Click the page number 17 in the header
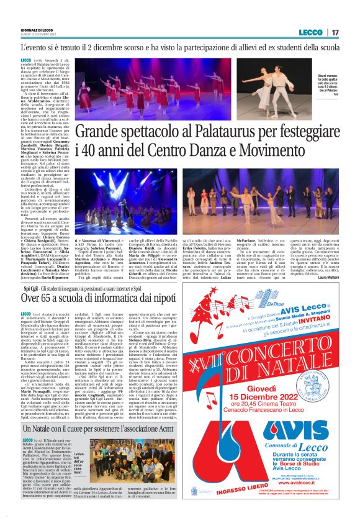[336, 32]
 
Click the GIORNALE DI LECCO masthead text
[38, 29]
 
